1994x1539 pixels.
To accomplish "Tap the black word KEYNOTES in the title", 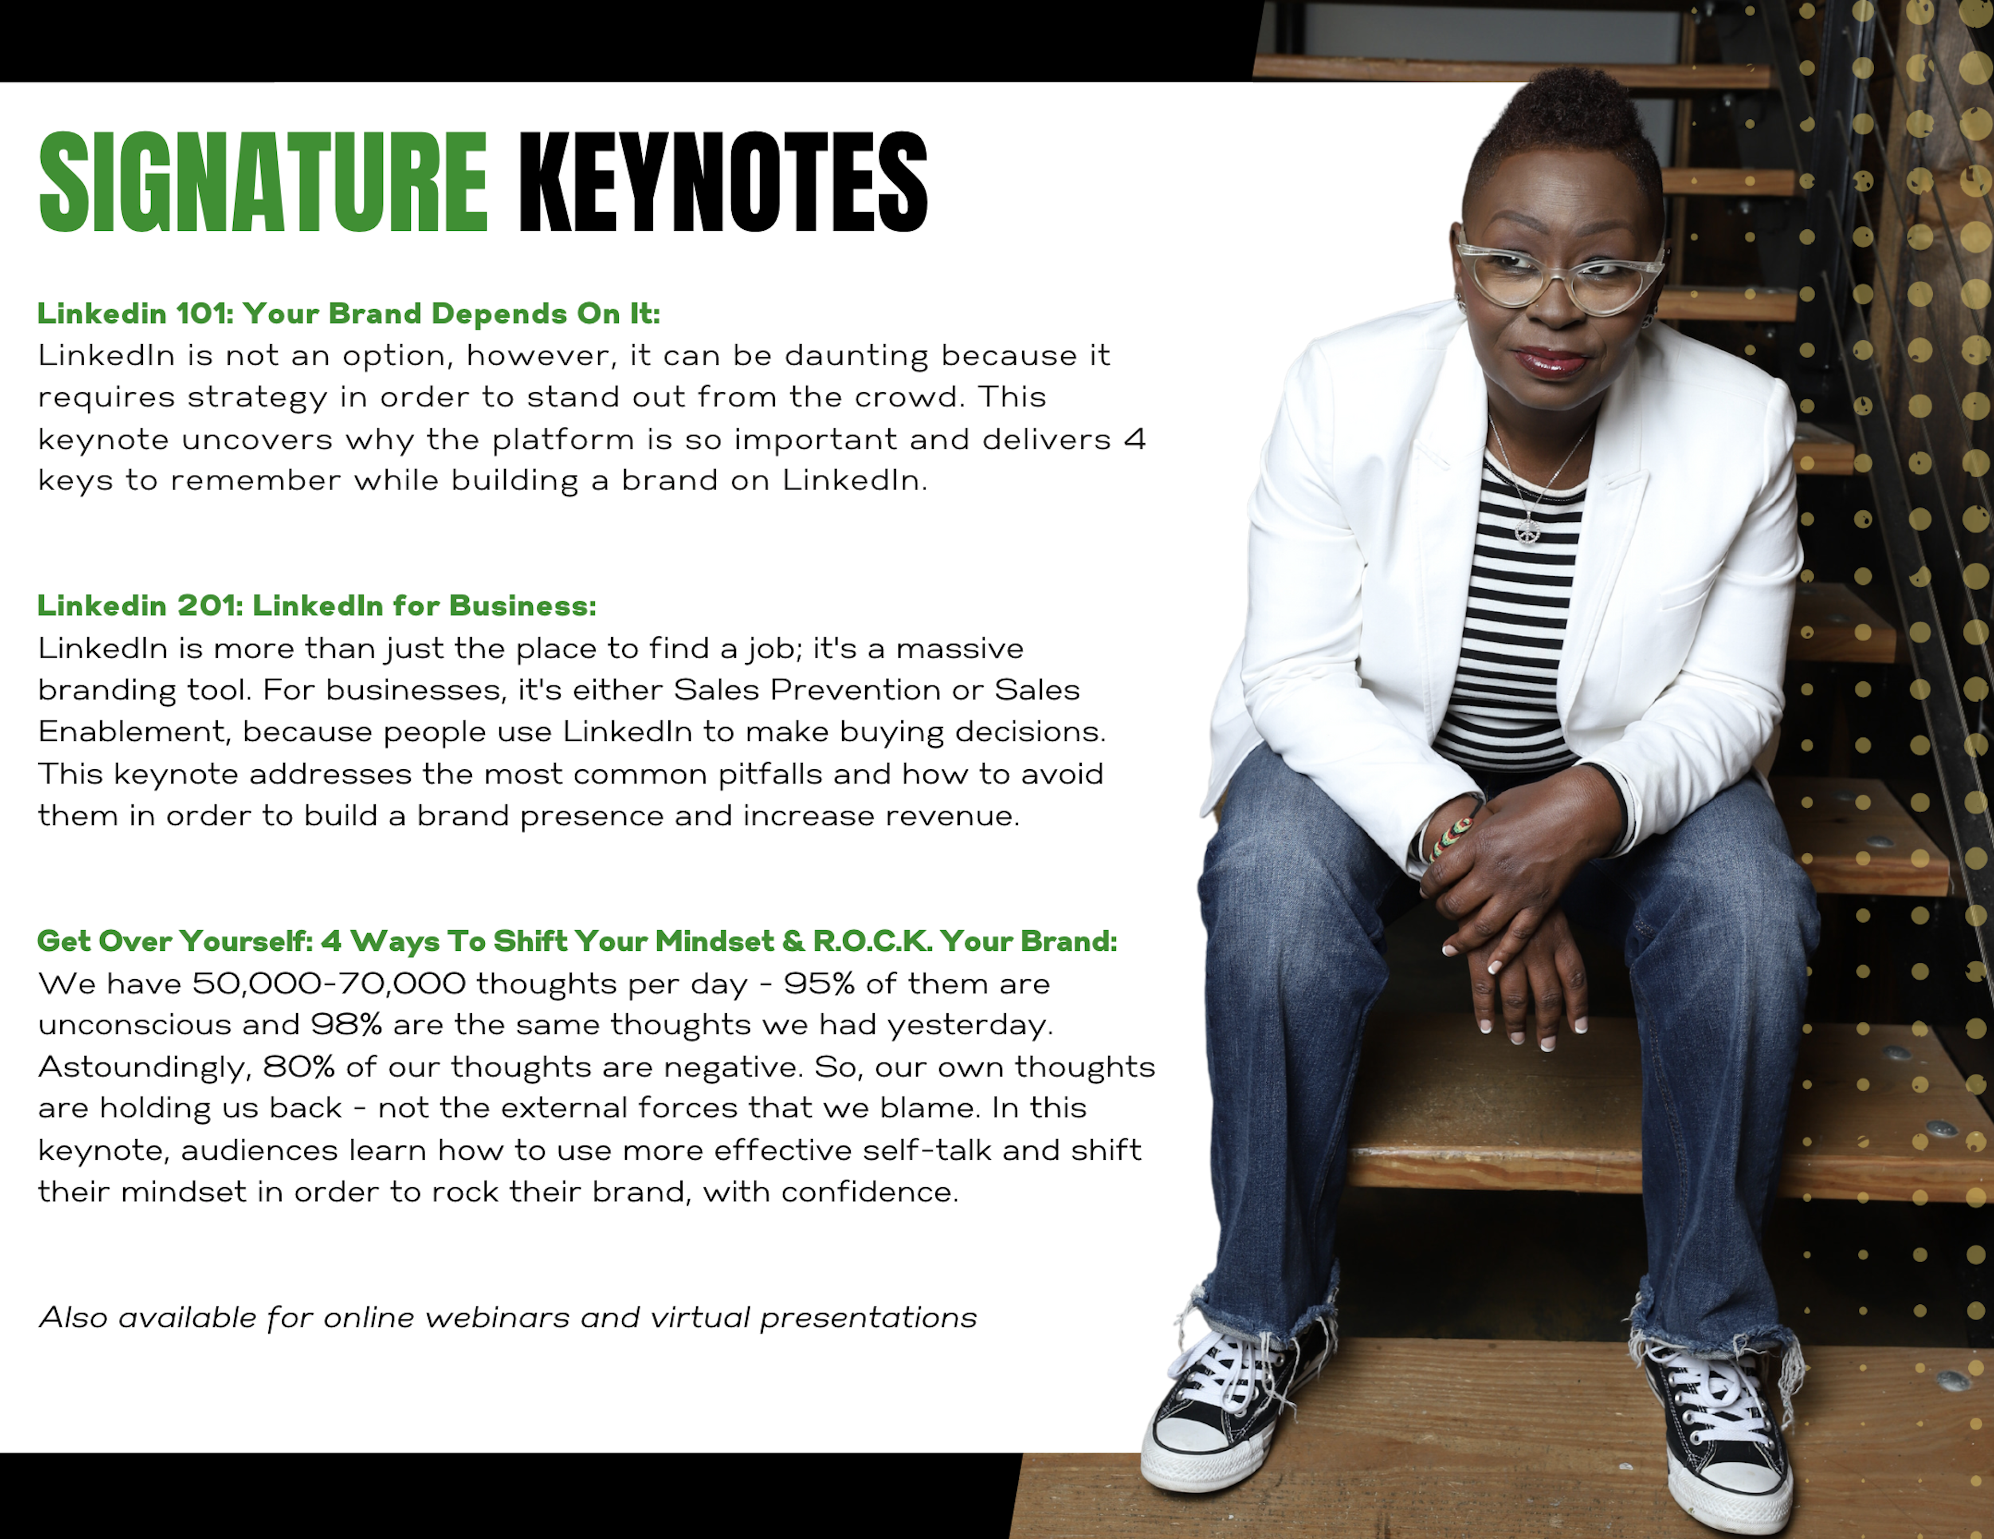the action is [x=723, y=182].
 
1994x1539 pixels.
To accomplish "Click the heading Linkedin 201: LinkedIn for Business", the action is [x=317, y=606].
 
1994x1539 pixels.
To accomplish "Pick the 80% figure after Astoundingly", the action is [x=298, y=1067].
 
